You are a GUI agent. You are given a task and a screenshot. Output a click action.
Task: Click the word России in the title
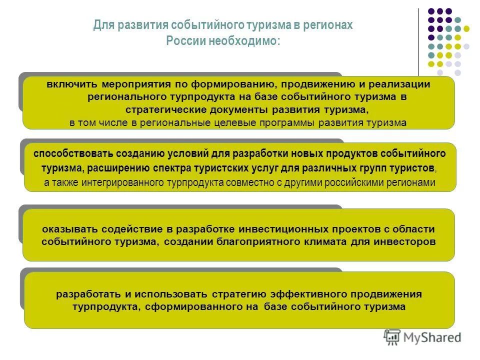click(183, 40)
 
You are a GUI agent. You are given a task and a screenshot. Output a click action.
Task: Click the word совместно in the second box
click(249, 182)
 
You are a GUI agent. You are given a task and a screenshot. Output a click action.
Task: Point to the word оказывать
click(69, 229)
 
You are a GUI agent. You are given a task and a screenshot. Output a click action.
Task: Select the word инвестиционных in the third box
click(284, 229)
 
